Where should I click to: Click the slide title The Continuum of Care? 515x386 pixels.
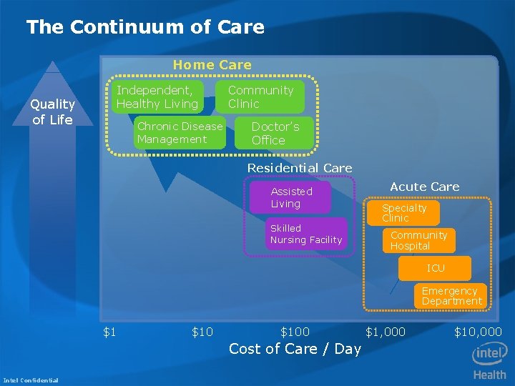[145, 28]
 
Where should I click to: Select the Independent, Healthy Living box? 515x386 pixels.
[157, 97]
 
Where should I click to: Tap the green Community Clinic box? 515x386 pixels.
[260, 97]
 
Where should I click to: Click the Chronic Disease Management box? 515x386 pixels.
[180, 133]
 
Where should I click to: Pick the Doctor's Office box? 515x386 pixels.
[275, 133]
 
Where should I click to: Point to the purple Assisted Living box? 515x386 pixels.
[291, 197]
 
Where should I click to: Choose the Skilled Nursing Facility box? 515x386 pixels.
[306, 234]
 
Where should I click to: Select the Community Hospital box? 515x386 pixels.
[418, 240]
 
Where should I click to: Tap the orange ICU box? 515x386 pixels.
[436, 268]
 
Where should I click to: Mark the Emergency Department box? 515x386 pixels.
[450, 296]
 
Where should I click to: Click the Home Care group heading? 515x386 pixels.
[212, 65]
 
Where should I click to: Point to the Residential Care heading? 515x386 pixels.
[300, 168]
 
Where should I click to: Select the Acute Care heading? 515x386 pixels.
[424, 187]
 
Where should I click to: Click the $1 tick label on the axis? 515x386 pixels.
[110, 332]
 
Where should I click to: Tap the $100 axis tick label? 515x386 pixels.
[295, 332]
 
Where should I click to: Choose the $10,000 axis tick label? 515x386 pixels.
[478, 332]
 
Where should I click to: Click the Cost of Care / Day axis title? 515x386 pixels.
[295, 349]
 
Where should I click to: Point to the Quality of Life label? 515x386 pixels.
[52, 112]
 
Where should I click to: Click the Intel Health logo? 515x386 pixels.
[489, 361]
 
